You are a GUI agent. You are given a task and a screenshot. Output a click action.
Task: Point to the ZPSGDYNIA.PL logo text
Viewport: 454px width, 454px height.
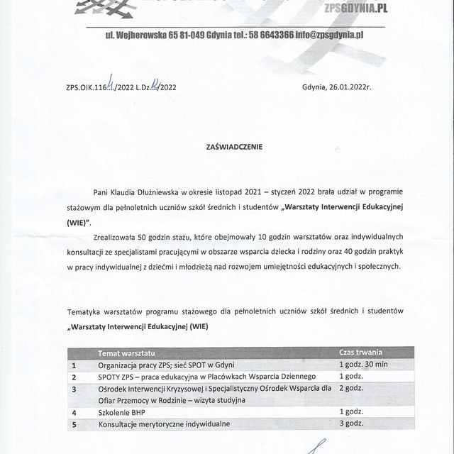[x=354, y=8]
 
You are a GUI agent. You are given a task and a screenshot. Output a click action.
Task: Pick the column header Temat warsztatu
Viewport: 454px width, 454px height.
[x=126, y=353]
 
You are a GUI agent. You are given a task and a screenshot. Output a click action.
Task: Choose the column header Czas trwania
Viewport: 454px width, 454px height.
[x=360, y=353]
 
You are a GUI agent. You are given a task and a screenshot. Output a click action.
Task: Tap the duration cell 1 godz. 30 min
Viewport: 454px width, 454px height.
[x=363, y=364]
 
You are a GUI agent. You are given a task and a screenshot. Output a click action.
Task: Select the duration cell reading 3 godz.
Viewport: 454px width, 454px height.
[x=351, y=423]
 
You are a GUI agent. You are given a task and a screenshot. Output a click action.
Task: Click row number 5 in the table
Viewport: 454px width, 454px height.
[x=74, y=424]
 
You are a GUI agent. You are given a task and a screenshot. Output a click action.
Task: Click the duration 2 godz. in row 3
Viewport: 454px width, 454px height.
[x=351, y=388]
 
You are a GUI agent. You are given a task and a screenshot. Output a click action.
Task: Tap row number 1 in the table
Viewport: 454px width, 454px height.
[x=74, y=365]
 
